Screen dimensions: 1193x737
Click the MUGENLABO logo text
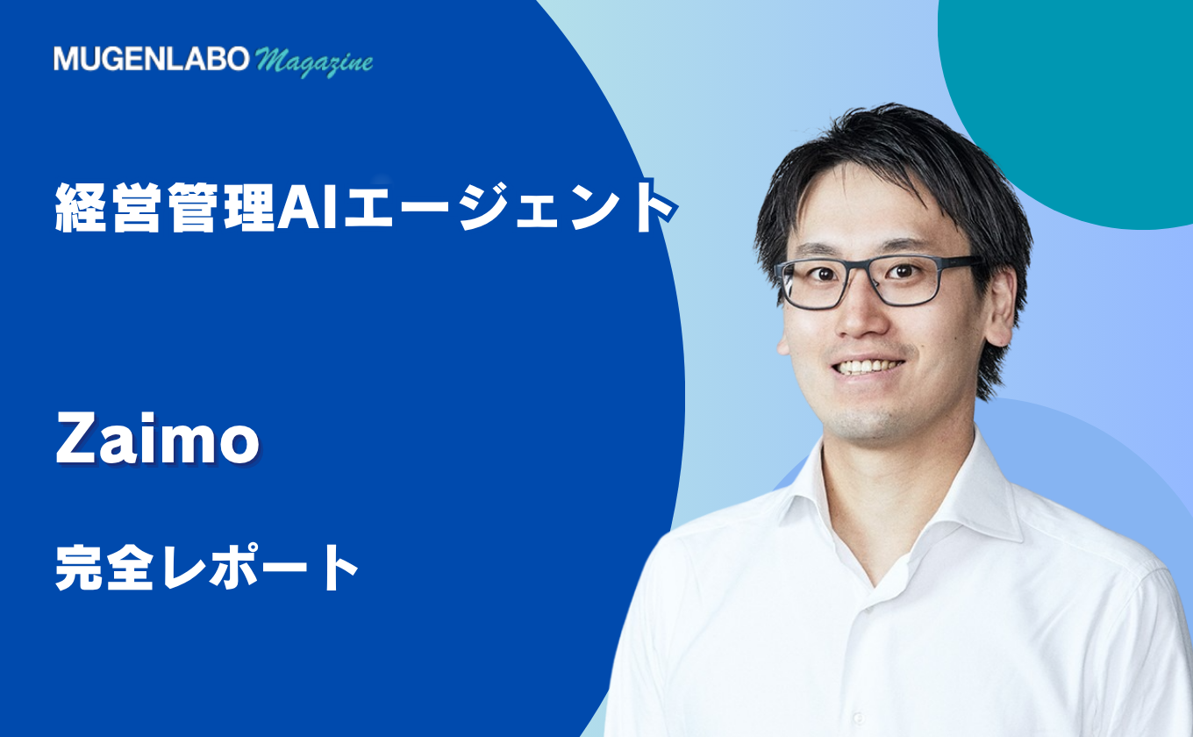(x=151, y=59)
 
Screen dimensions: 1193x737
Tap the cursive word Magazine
(x=314, y=61)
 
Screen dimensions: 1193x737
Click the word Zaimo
(x=158, y=439)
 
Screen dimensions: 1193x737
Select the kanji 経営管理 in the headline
(x=165, y=207)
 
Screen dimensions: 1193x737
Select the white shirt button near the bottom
(x=858, y=719)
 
